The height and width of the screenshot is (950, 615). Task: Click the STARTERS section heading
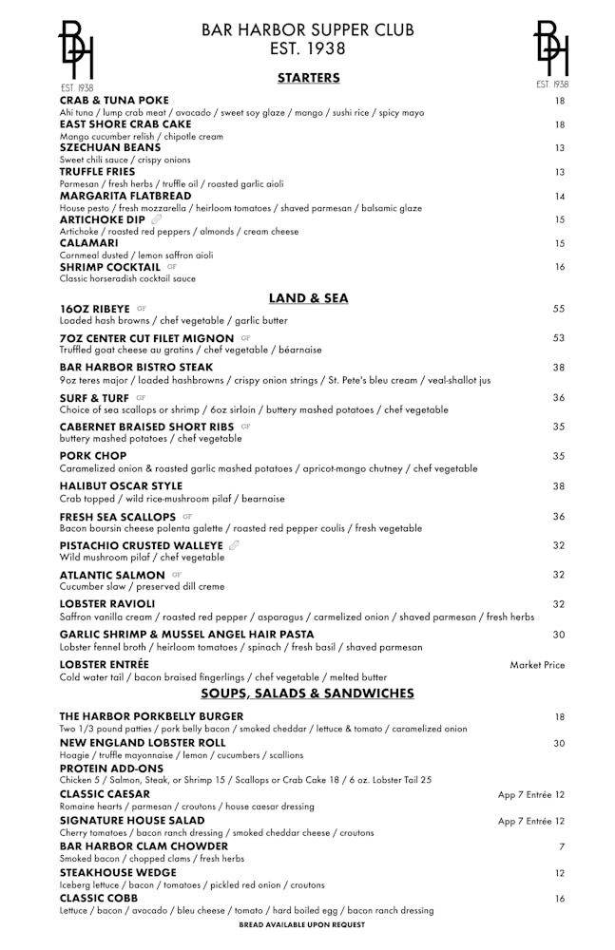coord(308,78)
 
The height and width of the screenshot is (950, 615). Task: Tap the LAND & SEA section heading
coord(308,298)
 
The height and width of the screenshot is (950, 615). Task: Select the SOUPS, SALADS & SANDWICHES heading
coord(307,693)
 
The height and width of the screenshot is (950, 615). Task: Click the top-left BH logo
coord(76,52)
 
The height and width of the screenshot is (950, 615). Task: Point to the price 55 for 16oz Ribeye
coord(559,310)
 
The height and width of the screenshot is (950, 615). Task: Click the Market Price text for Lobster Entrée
coord(537,665)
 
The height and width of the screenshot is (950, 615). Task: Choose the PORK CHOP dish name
coord(93,456)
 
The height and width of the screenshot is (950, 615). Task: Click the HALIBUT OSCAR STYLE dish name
coord(121,486)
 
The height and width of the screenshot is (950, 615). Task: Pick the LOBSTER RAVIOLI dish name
coord(106,604)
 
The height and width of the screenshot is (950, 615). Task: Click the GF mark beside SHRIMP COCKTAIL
coord(172,267)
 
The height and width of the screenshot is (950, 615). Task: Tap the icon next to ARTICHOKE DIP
coord(157,219)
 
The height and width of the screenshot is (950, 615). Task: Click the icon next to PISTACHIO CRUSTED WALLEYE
coord(234,545)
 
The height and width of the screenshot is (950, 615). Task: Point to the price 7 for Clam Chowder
coord(562,846)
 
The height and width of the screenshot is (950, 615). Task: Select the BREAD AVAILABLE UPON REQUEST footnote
coord(301,924)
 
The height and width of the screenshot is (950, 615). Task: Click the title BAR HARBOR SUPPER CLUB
coord(307,30)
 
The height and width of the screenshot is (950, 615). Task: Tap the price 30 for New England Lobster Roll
coord(559,744)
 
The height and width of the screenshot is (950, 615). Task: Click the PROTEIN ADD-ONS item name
coord(111,768)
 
